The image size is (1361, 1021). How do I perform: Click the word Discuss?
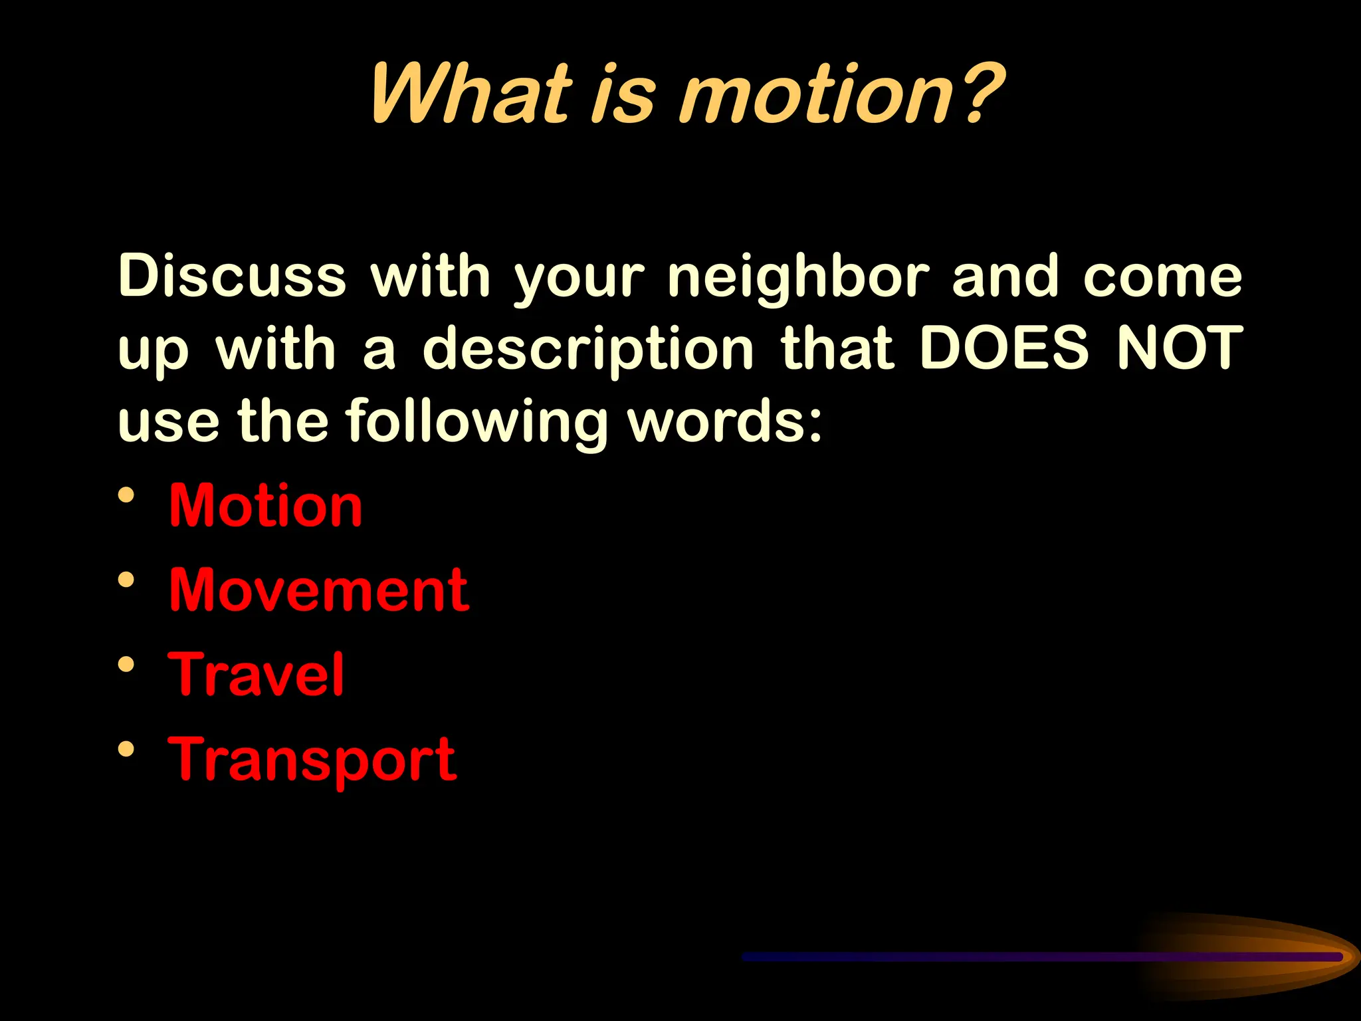click(232, 275)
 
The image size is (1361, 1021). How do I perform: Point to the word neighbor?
click(798, 278)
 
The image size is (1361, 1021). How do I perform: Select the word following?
click(476, 423)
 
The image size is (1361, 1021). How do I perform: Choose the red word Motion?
click(266, 506)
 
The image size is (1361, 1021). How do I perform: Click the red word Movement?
click(319, 590)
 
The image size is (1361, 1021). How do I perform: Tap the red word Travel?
click(257, 674)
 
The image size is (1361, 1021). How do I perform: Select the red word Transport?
click(312, 760)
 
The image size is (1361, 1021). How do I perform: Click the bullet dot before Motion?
click(126, 495)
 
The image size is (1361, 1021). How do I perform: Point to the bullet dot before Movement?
click(126, 580)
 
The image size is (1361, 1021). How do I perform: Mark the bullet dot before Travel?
click(126, 664)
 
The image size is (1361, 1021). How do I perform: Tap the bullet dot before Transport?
click(126, 749)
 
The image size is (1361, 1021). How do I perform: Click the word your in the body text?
click(579, 278)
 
